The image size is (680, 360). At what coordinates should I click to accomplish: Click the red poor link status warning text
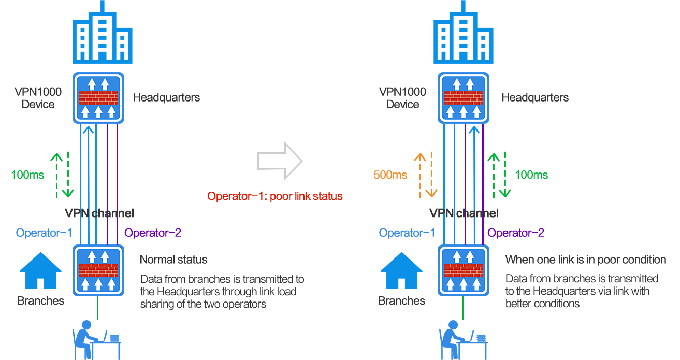(x=275, y=196)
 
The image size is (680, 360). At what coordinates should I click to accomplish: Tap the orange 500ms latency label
(x=390, y=175)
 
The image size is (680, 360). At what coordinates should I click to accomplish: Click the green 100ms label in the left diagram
(x=27, y=175)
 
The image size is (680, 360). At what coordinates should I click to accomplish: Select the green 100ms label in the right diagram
(x=531, y=175)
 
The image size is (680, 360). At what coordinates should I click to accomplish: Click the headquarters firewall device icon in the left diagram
(x=98, y=97)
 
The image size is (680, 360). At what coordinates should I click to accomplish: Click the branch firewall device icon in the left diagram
(x=98, y=270)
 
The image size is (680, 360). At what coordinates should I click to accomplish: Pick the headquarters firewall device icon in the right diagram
(x=463, y=97)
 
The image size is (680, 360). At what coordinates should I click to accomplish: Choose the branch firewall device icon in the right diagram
(x=463, y=270)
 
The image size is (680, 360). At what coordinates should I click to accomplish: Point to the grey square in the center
(x=280, y=161)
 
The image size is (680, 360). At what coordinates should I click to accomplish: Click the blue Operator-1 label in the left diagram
(x=44, y=233)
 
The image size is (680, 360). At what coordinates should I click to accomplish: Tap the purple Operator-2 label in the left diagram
(x=153, y=233)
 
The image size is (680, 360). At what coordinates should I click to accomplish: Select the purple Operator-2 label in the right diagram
(x=516, y=233)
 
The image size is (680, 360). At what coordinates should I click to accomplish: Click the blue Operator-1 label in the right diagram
(x=407, y=233)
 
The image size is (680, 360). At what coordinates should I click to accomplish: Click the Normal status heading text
(x=173, y=260)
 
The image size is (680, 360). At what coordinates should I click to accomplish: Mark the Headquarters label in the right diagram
(x=535, y=97)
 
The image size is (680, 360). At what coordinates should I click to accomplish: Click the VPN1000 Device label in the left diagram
(x=38, y=98)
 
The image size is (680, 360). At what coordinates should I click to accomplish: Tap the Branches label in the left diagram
(x=40, y=301)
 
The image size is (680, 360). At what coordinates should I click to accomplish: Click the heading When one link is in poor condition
(x=585, y=260)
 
